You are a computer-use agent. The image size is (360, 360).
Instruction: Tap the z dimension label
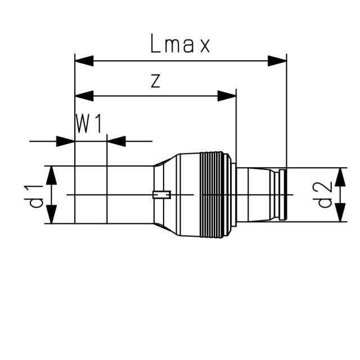click(x=156, y=82)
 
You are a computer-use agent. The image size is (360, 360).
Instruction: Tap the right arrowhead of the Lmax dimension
click(x=277, y=60)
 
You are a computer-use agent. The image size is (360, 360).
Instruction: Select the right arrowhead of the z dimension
click(x=227, y=96)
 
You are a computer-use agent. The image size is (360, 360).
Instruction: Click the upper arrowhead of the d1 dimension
click(x=51, y=176)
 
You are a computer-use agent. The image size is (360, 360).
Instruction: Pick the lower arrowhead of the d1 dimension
click(x=51, y=214)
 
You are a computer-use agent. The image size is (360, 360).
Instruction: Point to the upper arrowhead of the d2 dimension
click(x=340, y=177)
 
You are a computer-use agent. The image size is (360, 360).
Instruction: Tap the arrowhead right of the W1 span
click(x=116, y=141)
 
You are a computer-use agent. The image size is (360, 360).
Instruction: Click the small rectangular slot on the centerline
click(x=161, y=195)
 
